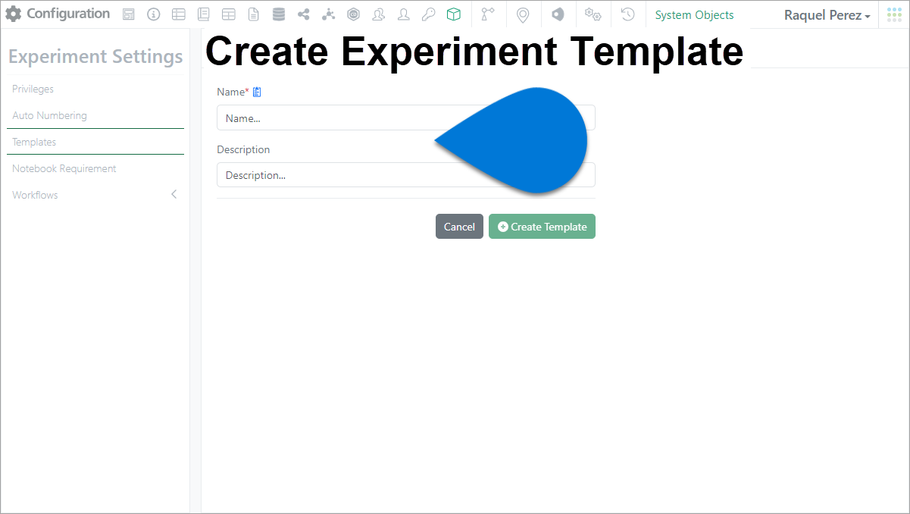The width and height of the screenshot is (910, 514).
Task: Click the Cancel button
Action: [x=459, y=227]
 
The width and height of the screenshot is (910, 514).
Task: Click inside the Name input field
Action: [x=325, y=118]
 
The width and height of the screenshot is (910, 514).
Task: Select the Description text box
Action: [x=325, y=175]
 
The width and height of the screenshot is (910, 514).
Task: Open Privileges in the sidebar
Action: [x=33, y=89]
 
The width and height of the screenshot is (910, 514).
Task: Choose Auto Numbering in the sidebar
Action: [x=49, y=115]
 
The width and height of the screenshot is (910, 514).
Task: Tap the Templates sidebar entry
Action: [x=34, y=143]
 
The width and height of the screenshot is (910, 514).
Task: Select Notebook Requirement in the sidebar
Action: [x=64, y=168]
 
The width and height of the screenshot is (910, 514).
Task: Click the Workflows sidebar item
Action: [x=35, y=195]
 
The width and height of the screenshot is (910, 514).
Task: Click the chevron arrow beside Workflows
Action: [x=174, y=194]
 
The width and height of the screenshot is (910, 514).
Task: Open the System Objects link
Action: [x=694, y=15]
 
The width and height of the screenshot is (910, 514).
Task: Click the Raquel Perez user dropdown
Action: [x=827, y=15]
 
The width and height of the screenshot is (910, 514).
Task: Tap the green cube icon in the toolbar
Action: [x=453, y=14]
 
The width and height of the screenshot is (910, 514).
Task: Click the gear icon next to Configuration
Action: [x=14, y=14]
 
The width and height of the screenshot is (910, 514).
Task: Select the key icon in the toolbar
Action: [x=428, y=14]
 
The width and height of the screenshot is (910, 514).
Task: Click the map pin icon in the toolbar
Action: [x=523, y=15]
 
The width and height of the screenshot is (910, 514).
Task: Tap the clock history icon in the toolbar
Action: [x=627, y=14]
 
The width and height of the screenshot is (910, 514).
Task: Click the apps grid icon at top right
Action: [x=894, y=14]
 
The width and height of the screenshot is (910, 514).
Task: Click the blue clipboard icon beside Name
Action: [x=257, y=92]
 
